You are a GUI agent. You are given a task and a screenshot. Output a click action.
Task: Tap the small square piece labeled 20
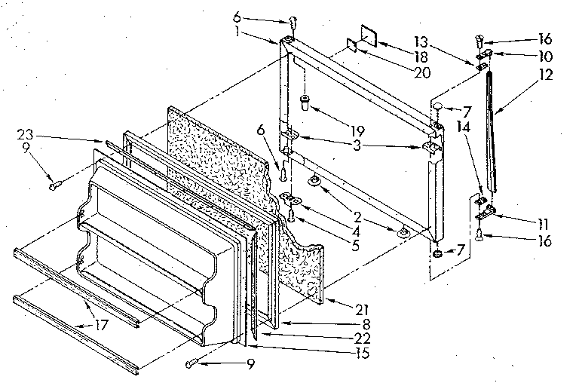pos(352,46)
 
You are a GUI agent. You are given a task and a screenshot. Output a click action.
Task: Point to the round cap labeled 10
pos(488,54)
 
